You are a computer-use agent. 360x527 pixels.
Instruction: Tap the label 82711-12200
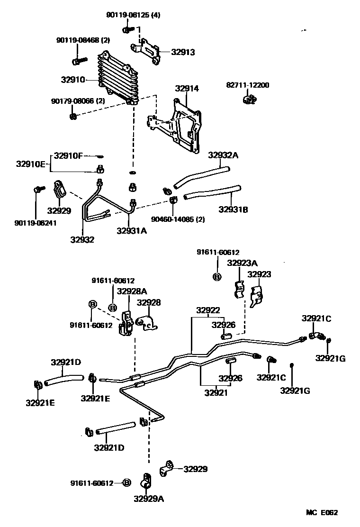point(247,85)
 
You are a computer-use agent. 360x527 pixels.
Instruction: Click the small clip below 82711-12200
point(249,99)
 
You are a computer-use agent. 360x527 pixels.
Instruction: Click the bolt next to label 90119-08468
point(79,61)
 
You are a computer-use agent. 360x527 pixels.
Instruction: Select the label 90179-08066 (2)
point(78,101)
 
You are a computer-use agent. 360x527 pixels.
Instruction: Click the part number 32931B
point(233,209)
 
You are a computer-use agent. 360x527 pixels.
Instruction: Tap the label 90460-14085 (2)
point(178,219)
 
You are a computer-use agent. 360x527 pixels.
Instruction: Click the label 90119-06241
point(36,223)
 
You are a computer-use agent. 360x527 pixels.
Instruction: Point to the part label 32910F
point(68,155)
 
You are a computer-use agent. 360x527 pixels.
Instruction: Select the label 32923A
point(242,263)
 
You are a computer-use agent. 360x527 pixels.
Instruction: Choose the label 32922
point(208,310)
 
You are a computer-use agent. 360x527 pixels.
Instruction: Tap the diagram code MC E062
point(322,512)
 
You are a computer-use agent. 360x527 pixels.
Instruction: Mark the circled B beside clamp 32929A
point(126,483)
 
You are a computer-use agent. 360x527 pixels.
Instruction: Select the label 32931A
point(132,230)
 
